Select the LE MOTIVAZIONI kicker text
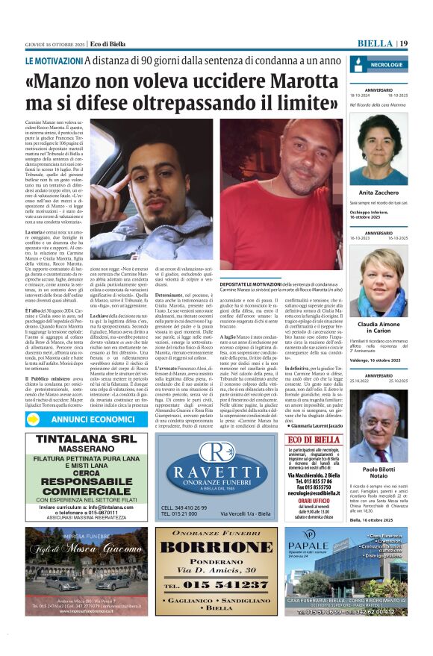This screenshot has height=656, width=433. pos(54,60)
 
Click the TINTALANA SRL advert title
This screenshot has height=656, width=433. pos(86,440)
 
